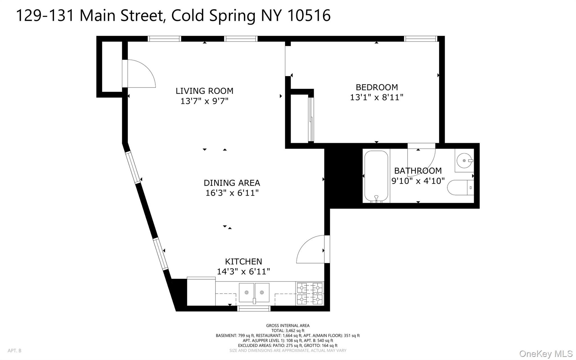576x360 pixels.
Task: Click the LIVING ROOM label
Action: click(x=204, y=91)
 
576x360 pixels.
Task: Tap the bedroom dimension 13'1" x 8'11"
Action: click(x=377, y=97)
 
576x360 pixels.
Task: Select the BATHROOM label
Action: click(x=418, y=171)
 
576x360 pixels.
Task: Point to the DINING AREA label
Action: click(x=232, y=183)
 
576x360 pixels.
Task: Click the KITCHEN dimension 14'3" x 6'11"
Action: click(x=243, y=272)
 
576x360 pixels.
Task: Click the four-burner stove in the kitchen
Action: click(x=310, y=294)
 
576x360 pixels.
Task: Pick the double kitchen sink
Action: click(x=254, y=293)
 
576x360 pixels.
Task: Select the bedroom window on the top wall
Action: click(x=420, y=39)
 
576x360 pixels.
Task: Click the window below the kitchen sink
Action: click(x=254, y=309)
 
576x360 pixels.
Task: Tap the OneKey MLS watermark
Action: click(x=546, y=354)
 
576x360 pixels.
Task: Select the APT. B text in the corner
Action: click(x=14, y=351)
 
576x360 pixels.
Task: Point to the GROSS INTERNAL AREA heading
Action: click(x=288, y=326)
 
